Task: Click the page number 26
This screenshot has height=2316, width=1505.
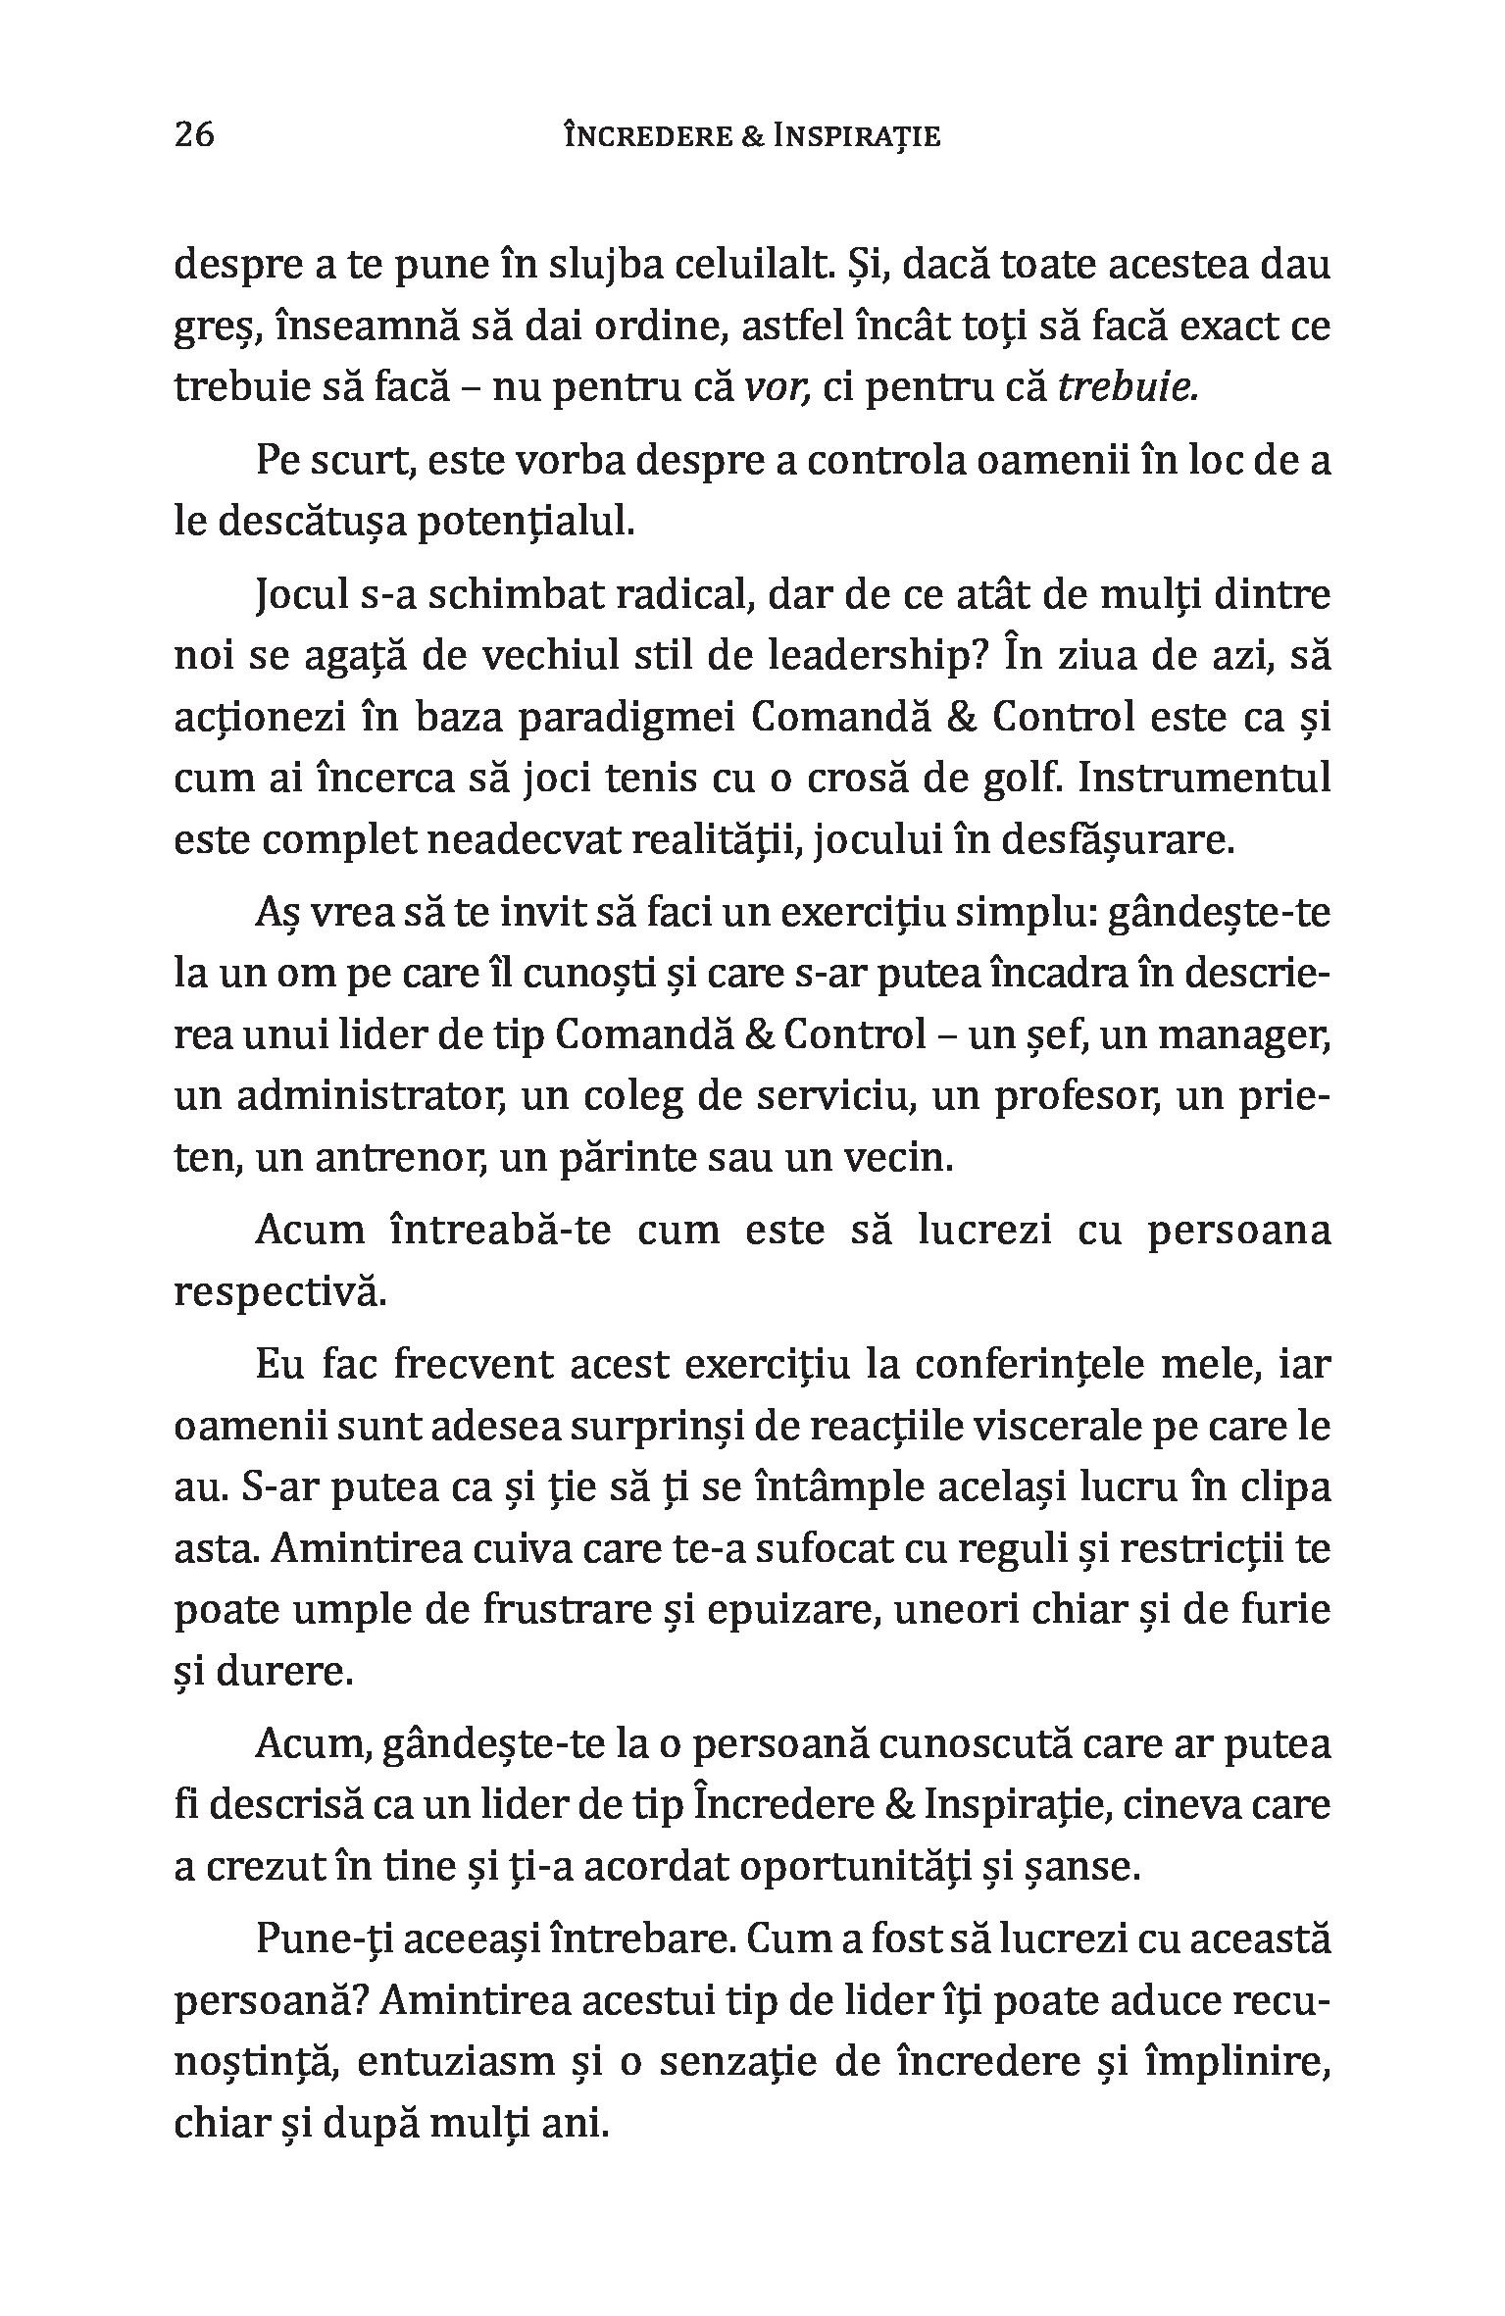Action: (194, 134)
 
